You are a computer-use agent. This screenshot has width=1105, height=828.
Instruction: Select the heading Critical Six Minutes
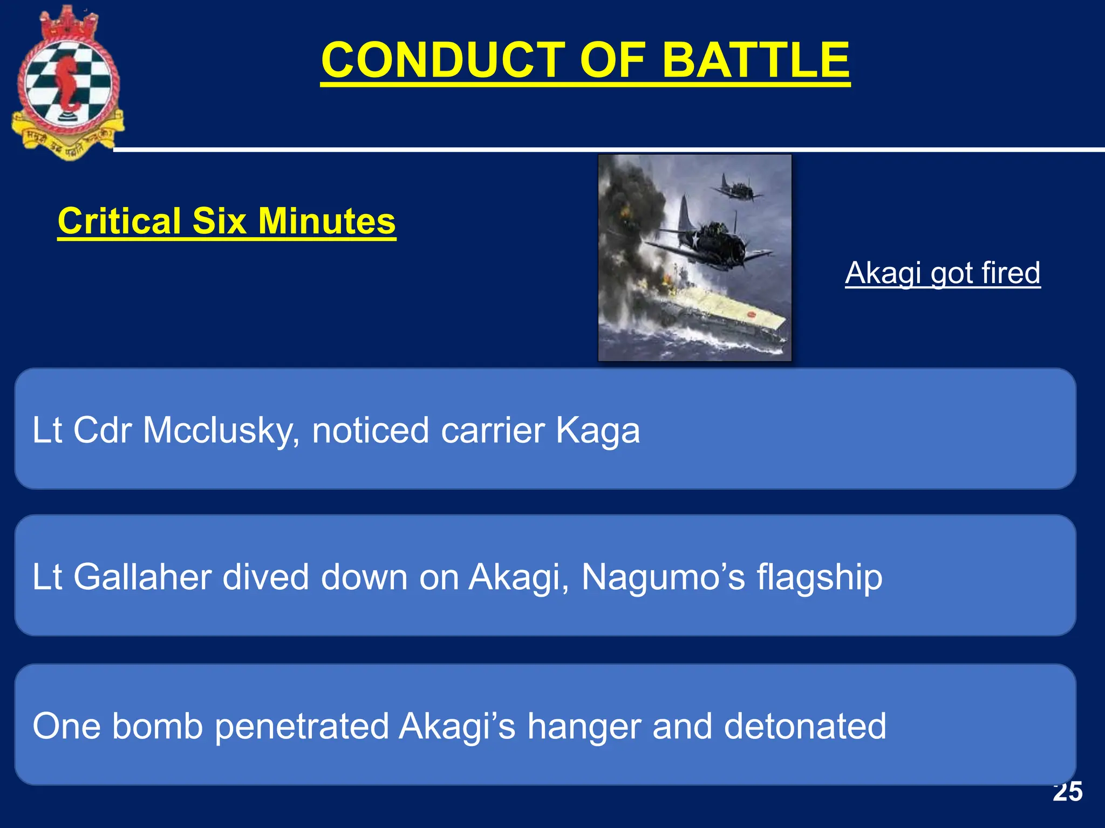click(x=227, y=221)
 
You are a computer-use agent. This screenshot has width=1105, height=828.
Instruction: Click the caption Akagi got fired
click(x=942, y=273)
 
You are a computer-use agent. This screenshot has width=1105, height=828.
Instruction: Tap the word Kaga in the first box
click(x=597, y=431)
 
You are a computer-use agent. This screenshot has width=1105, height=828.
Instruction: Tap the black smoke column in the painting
click(x=631, y=216)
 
